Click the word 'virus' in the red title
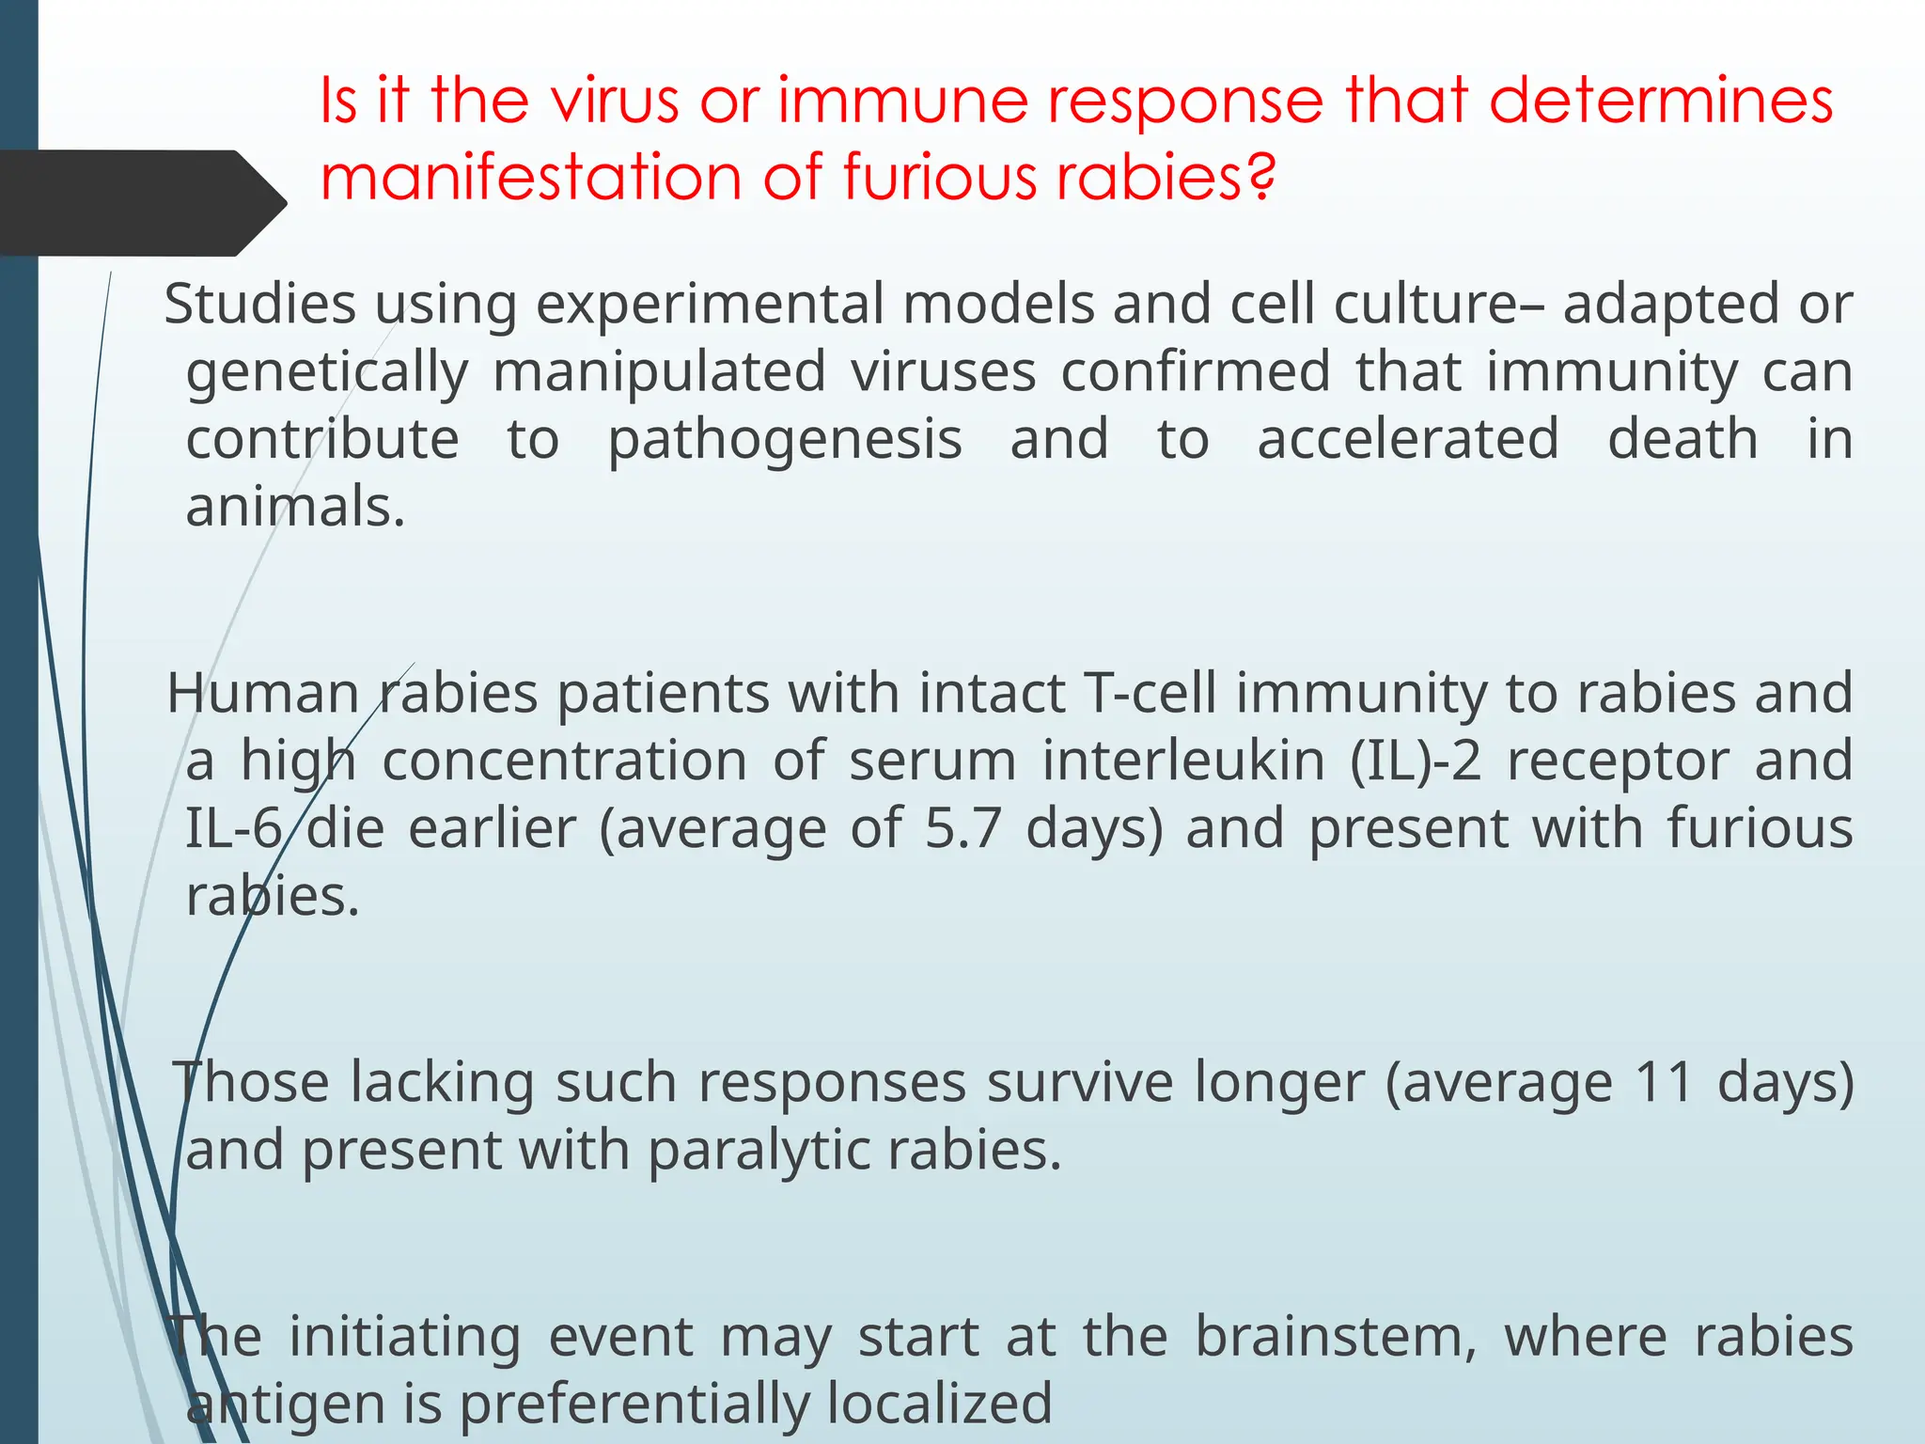coord(613,101)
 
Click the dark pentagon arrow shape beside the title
coord(141,203)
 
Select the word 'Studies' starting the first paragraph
coord(259,304)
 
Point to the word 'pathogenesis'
coord(785,439)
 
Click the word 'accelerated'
coord(1408,439)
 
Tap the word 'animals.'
coord(295,507)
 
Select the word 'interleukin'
coord(1183,761)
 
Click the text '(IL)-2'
coord(1415,761)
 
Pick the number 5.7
coord(962,828)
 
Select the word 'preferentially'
coord(634,1404)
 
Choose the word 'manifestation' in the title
coord(531,176)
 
